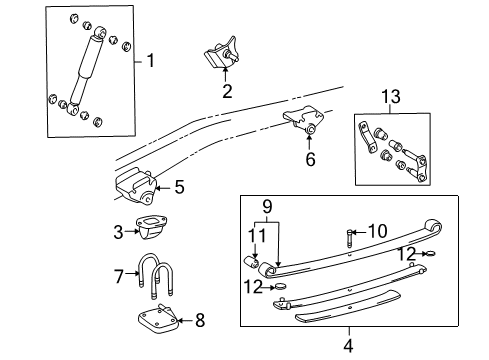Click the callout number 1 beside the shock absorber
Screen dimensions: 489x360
click(151, 61)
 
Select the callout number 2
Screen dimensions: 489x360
click(227, 91)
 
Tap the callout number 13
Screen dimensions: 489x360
click(391, 96)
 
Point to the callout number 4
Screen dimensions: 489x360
click(348, 346)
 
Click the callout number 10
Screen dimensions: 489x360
click(378, 231)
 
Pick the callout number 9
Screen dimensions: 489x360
click(267, 207)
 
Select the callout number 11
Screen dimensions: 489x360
click(258, 236)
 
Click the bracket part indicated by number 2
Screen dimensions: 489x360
click(222, 53)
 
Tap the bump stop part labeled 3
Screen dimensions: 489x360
click(151, 228)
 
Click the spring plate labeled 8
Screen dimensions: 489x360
click(157, 319)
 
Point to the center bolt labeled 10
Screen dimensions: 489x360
click(349, 238)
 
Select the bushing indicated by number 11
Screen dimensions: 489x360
click(252, 261)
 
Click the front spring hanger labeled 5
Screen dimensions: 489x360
click(136, 187)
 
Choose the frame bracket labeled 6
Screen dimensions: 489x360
click(303, 121)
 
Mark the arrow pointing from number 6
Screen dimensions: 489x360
click(309, 143)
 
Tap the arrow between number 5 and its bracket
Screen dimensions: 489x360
click(163, 188)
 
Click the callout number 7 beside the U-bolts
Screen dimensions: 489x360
click(119, 276)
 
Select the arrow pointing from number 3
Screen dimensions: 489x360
click(132, 231)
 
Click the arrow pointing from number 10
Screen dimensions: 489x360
click(359, 232)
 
